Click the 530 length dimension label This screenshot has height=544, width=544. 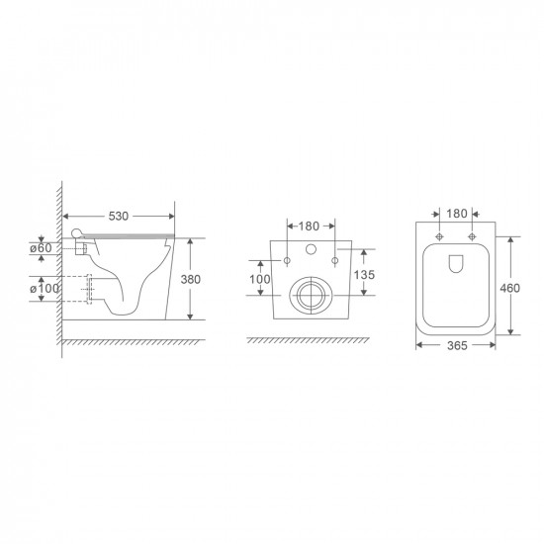(x=118, y=215)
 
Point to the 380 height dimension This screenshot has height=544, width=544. (x=190, y=280)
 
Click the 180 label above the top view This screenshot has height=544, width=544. (x=457, y=214)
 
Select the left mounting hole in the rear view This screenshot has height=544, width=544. (x=287, y=260)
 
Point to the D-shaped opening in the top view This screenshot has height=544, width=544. (x=457, y=263)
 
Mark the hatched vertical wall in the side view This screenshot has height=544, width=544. (x=59, y=257)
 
